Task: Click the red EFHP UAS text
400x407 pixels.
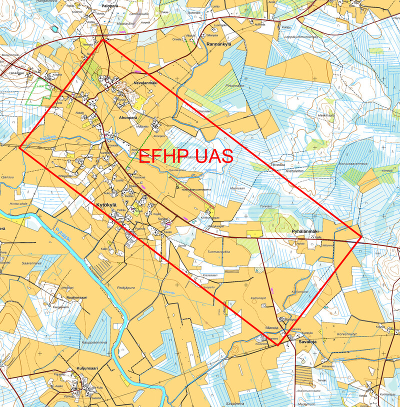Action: pyautogui.click(x=185, y=156)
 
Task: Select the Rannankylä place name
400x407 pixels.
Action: pyautogui.click(x=218, y=44)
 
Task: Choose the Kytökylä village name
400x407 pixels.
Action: pyautogui.click(x=109, y=205)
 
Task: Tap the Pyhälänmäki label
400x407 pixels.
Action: pyautogui.click(x=305, y=231)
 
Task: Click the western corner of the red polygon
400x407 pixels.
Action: pyautogui.click(x=20, y=147)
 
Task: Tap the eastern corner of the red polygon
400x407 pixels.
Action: pyautogui.click(x=361, y=237)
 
